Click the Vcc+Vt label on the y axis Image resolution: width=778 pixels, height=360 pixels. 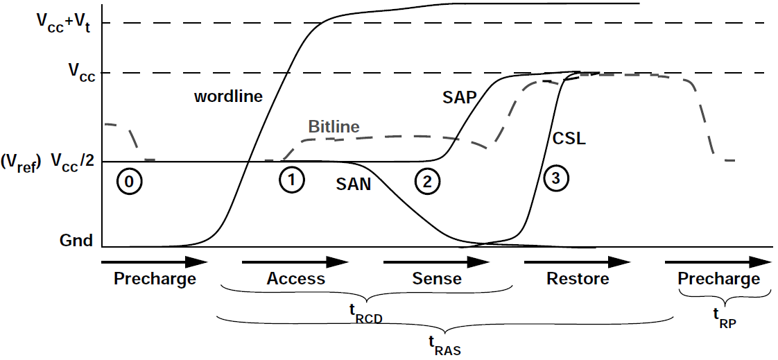pyautogui.click(x=64, y=23)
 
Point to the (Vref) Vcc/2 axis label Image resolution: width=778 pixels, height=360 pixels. pyautogui.click(x=49, y=162)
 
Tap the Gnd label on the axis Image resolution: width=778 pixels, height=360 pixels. pyautogui.click(x=76, y=241)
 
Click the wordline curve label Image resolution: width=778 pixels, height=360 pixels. pyautogui.click(x=228, y=96)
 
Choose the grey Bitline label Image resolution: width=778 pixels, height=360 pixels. pyautogui.click(x=334, y=127)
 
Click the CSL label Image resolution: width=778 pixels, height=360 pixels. pyautogui.click(x=569, y=138)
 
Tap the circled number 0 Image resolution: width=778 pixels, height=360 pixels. pyautogui.click(x=130, y=181)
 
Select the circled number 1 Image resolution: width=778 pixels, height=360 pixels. pyautogui.click(x=292, y=180)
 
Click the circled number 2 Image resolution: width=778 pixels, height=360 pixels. pyautogui.click(x=426, y=182)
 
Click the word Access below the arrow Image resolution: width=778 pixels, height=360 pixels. pyautogui.click(x=295, y=279)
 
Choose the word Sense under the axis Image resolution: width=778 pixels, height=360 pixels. pyautogui.click(x=436, y=279)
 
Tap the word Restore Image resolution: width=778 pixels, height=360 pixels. pyautogui.click(x=578, y=279)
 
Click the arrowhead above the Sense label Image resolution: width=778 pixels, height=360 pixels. pyautogui.click(x=478, y=262)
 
